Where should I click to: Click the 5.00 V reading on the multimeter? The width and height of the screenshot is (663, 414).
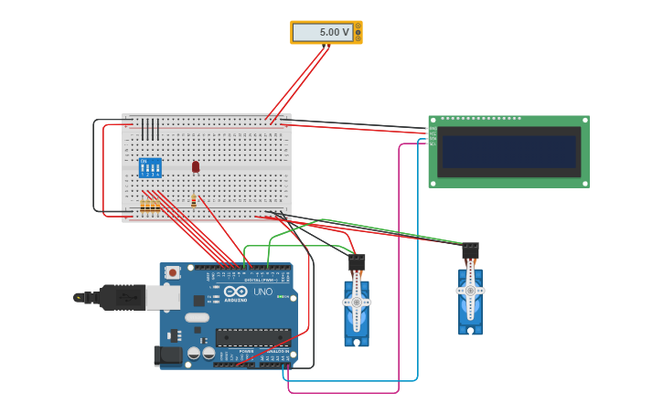coord(334,32)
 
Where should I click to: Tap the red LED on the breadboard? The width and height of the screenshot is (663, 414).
coord(196,166)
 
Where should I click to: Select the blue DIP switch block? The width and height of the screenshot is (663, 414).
coord(150,167)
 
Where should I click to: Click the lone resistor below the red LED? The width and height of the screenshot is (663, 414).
coord(194,200)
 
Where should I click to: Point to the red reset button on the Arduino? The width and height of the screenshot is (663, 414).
coord(172,272)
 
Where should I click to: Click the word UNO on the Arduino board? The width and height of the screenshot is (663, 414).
coord(262,292)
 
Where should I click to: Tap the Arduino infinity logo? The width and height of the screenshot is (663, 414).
coord(235,291)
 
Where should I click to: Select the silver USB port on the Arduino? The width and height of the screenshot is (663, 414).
coord(163,297)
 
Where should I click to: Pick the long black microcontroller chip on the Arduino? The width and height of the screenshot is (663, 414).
coord(253,336)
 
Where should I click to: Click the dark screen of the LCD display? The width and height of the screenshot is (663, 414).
coord(509,152)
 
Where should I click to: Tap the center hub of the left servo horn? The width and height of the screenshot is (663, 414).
coord(357,302)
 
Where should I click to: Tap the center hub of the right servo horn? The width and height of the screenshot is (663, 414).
coord(470,291)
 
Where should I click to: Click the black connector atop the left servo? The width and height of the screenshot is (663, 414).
coord(357,262)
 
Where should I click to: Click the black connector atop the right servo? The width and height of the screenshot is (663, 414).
coord(470,250)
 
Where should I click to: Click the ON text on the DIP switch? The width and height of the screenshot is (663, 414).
coord(143,161)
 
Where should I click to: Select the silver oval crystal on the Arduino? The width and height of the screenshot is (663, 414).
coord(197,318)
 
